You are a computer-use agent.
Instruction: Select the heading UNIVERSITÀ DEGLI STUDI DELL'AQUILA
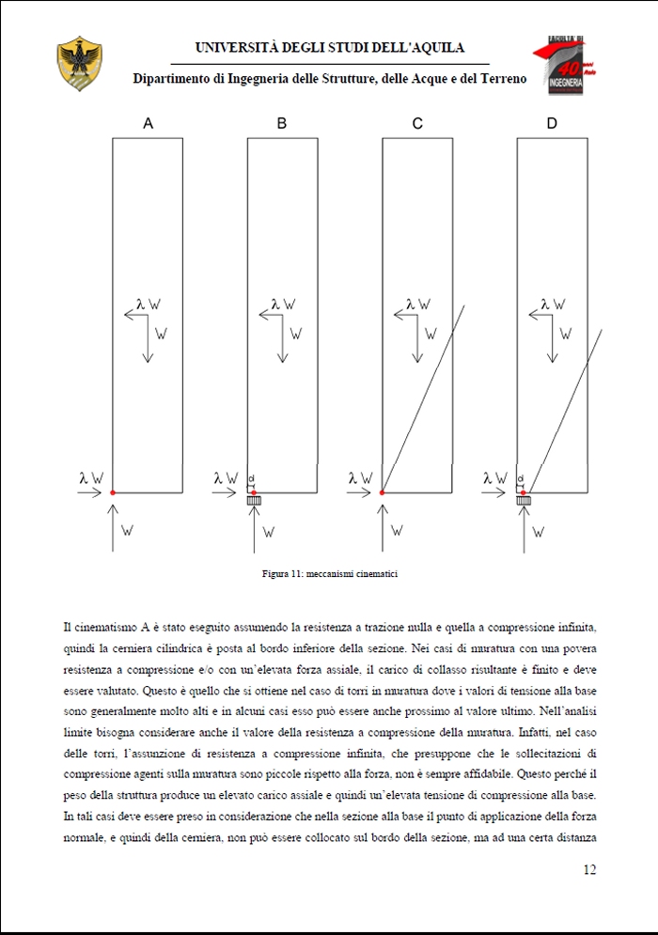click(x=329, y=47)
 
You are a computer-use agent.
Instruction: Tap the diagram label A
click(x=148, y=123)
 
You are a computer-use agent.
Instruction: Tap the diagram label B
click(x=282, y=123)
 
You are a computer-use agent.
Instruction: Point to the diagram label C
click(x=417, y=123)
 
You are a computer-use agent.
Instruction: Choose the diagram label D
click(x=552, y=123)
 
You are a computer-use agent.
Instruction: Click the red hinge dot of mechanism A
click(x=112, y=492)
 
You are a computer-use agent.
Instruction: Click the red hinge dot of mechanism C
click(x=383, y=492)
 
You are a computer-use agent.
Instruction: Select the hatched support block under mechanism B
click(x=253, y=502)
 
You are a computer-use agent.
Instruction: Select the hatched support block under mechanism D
click(x=523, y=502)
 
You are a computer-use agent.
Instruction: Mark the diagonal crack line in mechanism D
click(x=564, y=404)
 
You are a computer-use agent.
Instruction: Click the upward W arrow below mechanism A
click(x=113, y=526)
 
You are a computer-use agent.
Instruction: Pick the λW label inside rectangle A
click(x=148, y=304)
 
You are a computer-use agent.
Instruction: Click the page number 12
click(x=589, y=869)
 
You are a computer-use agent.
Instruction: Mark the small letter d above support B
click(x=251, y=478)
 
